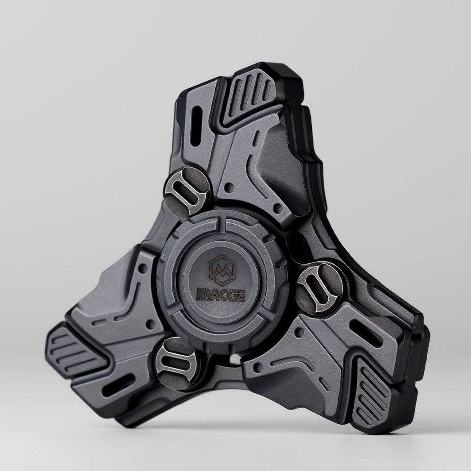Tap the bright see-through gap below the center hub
click(x=233, y=360)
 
